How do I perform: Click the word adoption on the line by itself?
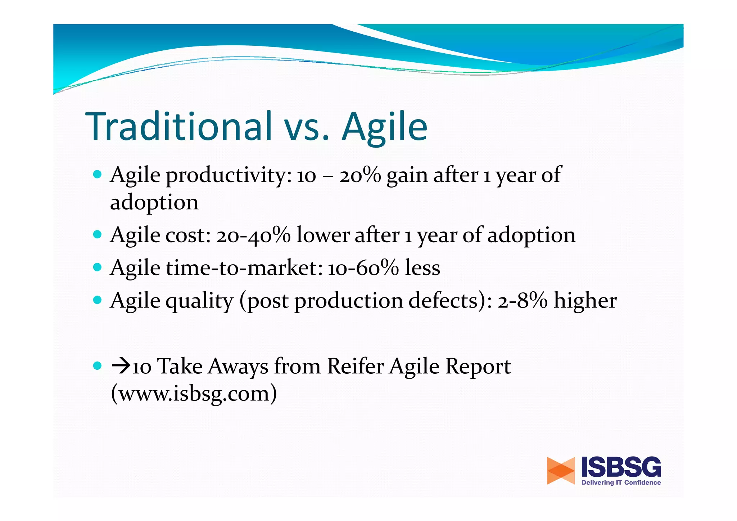[x=154, y=203]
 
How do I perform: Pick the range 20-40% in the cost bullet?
[x=253, y=236]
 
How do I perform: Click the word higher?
[x=585, y=301]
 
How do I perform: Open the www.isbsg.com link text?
[x=194, y=394]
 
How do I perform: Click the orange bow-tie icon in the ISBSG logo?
[x=561, y=471]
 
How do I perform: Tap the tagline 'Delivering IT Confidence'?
[x=621, y=482]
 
